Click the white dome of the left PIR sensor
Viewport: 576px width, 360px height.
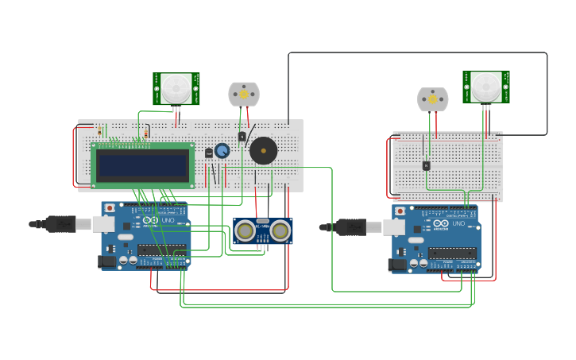click(x=176, y=88)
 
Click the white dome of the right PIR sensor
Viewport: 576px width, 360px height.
click(x=485, y=87)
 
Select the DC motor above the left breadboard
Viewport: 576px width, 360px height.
click(x=244, y=94)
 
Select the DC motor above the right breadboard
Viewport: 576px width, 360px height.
click(x=433, y=99)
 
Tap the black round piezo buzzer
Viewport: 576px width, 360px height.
click(x=264, y=150)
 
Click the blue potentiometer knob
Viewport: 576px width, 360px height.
click(x=222, y=150)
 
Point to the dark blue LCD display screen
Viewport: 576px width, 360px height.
click(x=143, y=165)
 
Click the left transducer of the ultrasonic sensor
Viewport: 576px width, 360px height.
click(x=245, y=231)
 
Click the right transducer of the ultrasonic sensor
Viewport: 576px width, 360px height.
click(x=280, y=231)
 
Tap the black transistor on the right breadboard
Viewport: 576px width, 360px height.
click(x=427, y=165)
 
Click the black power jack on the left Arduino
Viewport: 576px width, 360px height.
click(x=106, y=261)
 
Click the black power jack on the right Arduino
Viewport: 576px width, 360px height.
click(x=396, y=265)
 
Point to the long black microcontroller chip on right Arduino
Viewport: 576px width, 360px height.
click(x=451, y=253)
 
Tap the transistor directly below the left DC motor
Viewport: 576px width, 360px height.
click(x=242, y=136)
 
